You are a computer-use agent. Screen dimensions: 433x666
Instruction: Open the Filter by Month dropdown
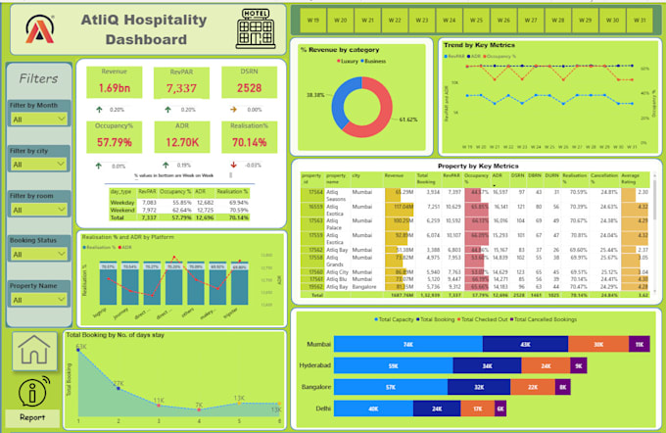(37, 119)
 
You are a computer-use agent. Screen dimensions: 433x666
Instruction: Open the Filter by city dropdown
(37, 165)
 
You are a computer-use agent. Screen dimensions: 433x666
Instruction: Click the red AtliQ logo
(39, 30)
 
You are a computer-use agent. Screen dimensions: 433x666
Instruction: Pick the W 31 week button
(637, 20)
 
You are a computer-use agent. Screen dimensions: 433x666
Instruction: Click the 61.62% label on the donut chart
(409, 119)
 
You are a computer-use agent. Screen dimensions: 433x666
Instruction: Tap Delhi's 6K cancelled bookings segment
(501, 407)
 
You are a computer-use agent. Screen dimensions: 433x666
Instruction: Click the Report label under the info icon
(32, 416)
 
